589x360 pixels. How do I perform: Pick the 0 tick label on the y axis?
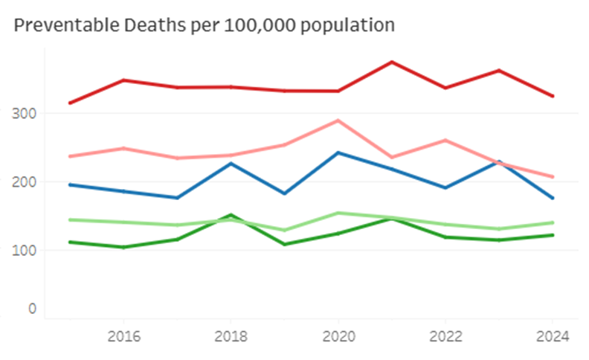point(30,308)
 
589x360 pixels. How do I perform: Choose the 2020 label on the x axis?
point(338,335)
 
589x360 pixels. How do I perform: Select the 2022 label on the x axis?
point(445,335)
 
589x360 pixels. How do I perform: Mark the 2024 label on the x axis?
point(553,335)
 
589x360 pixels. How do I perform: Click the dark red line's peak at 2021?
point(392,62)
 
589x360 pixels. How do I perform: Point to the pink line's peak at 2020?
point(338,120)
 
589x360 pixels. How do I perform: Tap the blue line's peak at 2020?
point(338,152)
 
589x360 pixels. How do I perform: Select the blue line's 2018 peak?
point(231,164)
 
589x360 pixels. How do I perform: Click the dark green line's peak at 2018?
point(231,215)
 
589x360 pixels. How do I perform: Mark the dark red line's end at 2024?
point(553,96)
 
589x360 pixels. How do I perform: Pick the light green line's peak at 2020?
point(338,213)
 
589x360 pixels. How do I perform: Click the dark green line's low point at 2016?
point(123,247)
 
